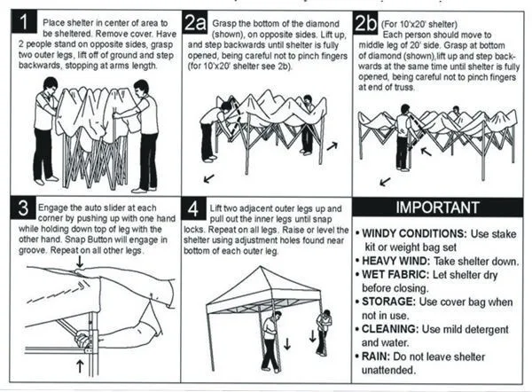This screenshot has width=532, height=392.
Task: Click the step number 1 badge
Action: pos(24,22)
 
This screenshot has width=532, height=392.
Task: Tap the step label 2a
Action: pos(195,23)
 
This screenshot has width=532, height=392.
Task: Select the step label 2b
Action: pos(365,23)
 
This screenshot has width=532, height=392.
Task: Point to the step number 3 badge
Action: pos(23,208)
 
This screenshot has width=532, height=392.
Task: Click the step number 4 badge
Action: pos(193,208)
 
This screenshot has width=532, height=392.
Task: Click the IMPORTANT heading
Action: pos(438,208)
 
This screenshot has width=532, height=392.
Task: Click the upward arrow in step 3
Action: pos(80,366)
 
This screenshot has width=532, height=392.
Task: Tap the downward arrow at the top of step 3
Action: pos(80,262)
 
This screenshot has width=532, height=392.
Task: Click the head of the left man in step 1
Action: pos(51,87)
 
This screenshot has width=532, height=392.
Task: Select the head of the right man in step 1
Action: pos(141,89)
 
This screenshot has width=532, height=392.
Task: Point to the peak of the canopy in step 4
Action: pos(260,267)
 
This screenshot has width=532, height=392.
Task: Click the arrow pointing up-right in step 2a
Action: pos(332,146)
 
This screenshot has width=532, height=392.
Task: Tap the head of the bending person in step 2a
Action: pos(225,106)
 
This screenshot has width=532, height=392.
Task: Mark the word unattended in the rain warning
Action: pos(388,370)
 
